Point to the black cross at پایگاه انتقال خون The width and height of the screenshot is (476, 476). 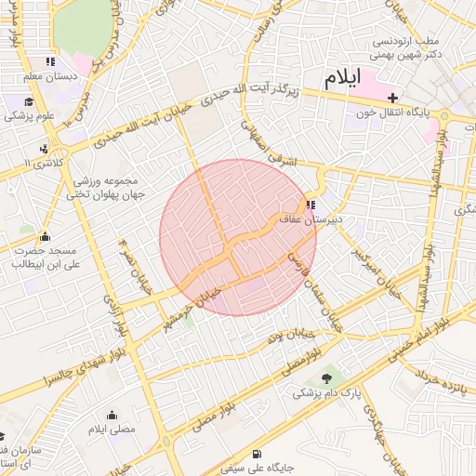[393, 98]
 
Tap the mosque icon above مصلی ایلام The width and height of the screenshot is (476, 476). [112, 415]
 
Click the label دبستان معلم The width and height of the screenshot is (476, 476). [46, 76]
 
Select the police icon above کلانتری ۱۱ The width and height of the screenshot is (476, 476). [44, 149]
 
